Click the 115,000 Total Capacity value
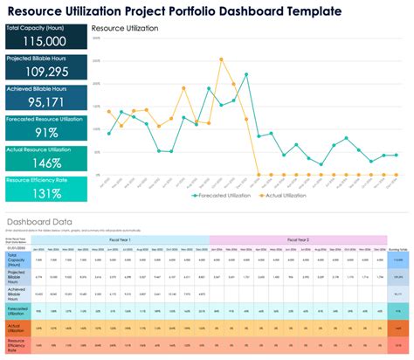click(x=44, y=41)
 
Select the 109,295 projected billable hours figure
click(x=44, y=71)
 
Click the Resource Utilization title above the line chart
click(x=131, y=29)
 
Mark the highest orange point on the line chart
click(x=221, y=59)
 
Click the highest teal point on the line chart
click(x=246, y=75)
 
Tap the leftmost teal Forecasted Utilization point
click(x=108, y=133)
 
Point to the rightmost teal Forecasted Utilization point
click(x=397, y=155)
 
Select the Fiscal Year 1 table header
click(x=121, y=239)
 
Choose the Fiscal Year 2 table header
click(x=298, y=239)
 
